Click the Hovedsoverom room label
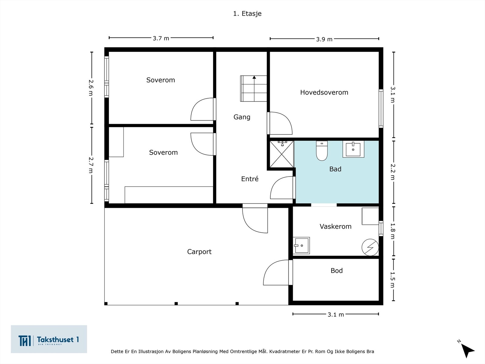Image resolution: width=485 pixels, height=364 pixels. (x=324, y=93)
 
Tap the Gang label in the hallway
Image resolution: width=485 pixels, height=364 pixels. (x=242, y=117)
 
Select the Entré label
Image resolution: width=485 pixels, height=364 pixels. (x=250, y=179)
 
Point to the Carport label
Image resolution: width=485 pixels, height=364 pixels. (x=199, y=252)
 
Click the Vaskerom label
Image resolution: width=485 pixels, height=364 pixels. (x=336, y=226)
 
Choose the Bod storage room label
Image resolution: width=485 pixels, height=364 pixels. (x=336, y=271)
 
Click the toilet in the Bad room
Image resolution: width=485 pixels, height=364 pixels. (x=322, y=150)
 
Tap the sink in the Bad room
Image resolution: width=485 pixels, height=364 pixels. (x=353, y=150)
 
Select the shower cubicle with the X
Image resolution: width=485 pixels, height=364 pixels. (x=282, y=154)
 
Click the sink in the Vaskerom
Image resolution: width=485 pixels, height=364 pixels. (x=301, y=245)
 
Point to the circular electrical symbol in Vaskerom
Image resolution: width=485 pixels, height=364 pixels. (x=370, y=247)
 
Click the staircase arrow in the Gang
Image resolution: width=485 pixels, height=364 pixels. (x=254, y=88)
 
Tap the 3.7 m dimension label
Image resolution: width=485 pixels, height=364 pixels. (x=161, y=39)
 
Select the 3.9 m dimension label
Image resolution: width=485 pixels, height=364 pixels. (x=324, y=39)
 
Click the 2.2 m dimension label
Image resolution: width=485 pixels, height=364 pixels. (x=393, y=172)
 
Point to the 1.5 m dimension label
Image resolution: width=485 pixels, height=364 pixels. (x=393, y=280)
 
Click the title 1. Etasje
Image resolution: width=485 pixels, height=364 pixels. (x=247, y=13)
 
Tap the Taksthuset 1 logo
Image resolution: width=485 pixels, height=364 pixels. (x=49, y=339)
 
